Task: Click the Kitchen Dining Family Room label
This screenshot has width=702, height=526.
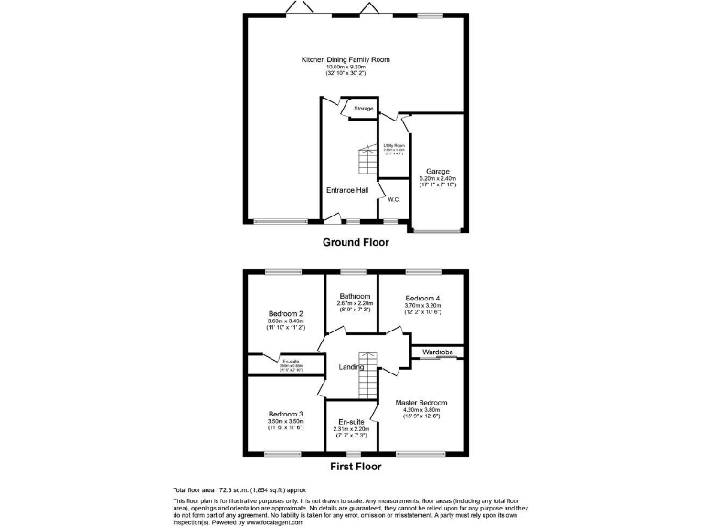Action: (x=346, y=59)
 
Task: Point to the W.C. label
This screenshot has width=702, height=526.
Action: (x=394, y=199)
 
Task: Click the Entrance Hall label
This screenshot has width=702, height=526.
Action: (x=347, y=190)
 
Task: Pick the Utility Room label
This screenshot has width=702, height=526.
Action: (x=394, y=145)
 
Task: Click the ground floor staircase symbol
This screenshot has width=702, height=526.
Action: (x=367, y=162)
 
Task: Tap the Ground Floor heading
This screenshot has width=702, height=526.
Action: (x=355, y=243)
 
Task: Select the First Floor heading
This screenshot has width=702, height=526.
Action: (x=356, y=466)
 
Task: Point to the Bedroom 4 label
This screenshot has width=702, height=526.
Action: (x=422, y=299)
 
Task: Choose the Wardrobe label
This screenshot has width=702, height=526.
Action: (x=438, y=352)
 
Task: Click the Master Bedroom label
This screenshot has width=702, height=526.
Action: (x=421, y=402)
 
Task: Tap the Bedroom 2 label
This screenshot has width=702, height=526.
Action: (x=286, y=313)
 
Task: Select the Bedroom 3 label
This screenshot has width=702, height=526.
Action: (x=286, y=414)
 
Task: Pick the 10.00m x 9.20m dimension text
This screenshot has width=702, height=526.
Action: (x=346, y=67)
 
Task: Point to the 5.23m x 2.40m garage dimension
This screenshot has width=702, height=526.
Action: (x=437, y=178)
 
